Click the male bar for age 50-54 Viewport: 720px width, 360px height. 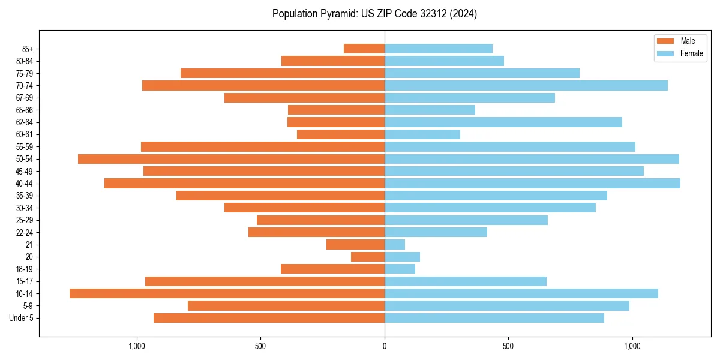231,159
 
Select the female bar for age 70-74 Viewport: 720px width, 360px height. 526,86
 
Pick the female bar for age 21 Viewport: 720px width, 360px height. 395,245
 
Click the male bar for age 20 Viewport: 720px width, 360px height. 368,257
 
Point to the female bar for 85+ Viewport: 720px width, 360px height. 439,49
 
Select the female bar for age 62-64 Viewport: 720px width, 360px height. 503,122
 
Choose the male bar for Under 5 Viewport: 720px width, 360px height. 269,318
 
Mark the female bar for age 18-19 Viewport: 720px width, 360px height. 400,269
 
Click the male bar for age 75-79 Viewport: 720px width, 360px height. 282,73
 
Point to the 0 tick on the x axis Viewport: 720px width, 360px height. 385,346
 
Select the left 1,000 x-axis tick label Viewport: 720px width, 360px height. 137,346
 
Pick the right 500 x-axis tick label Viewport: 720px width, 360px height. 508,346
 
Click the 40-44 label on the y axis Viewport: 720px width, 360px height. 25,184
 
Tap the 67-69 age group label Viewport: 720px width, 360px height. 25,98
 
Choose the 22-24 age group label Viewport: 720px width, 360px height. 25,232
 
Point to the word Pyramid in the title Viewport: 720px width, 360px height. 337,14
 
